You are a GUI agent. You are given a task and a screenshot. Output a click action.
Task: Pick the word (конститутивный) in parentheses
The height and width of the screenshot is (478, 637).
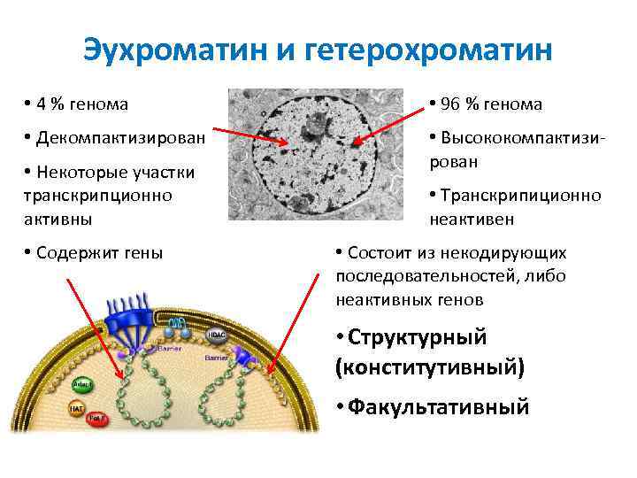430,366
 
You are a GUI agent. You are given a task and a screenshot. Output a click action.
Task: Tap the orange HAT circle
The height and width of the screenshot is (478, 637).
77,410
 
